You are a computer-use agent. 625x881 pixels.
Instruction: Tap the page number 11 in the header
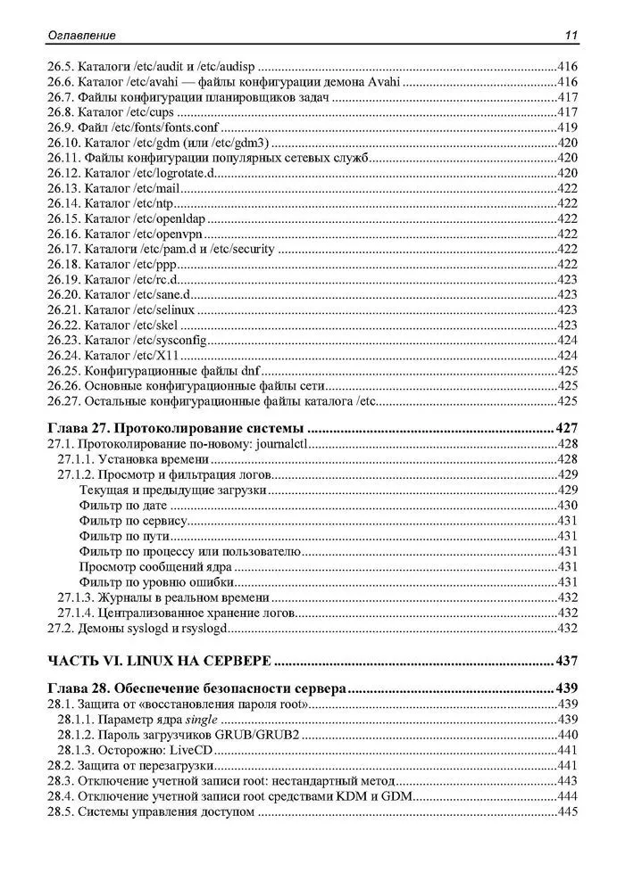(x=571, y=36)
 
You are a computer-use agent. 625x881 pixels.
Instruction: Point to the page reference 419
(x=568, y=128)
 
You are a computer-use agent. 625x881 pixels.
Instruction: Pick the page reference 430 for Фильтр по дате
(x=568, y=506)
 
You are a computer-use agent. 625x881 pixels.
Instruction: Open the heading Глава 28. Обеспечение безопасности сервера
(x=196, y=688)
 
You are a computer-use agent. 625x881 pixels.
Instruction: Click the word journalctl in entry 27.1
(x=279, y=444)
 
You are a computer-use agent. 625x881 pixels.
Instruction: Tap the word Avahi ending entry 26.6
(x=382, y=82)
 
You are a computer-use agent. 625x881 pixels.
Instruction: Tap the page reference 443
(x=568, y=781)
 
